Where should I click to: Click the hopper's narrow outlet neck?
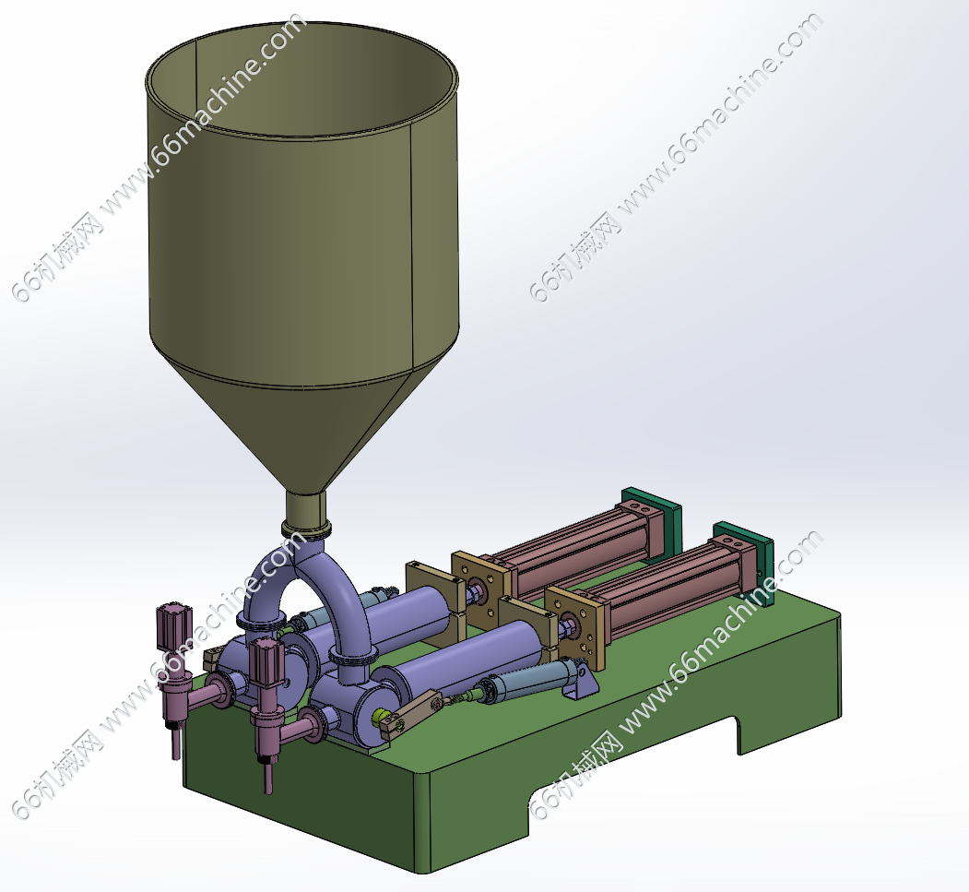tap(305, 508)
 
